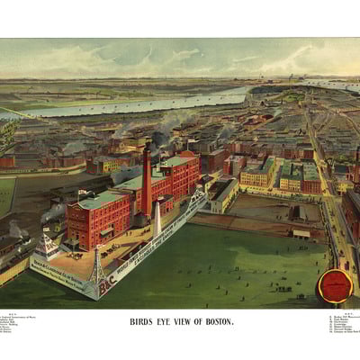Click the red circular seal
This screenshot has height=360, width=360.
click(334, 286)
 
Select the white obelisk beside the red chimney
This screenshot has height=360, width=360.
click(157, 219)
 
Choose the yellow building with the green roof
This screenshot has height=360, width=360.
click(257, 173)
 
